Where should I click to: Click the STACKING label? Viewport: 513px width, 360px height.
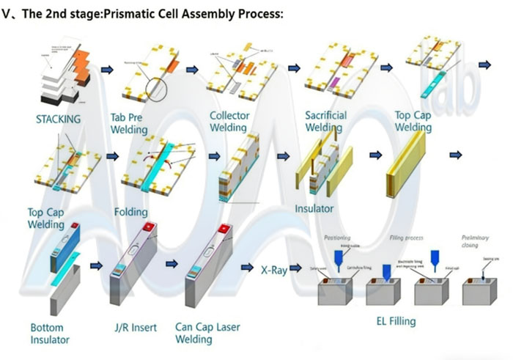(x=58, y=118)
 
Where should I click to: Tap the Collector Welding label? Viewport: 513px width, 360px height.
(x=229, y=122)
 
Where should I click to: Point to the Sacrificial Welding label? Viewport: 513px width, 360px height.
(x=325, y=122)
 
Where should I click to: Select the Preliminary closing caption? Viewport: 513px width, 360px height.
(x=475, y=242)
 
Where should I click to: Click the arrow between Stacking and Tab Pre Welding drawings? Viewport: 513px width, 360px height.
(x=108, y=70)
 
